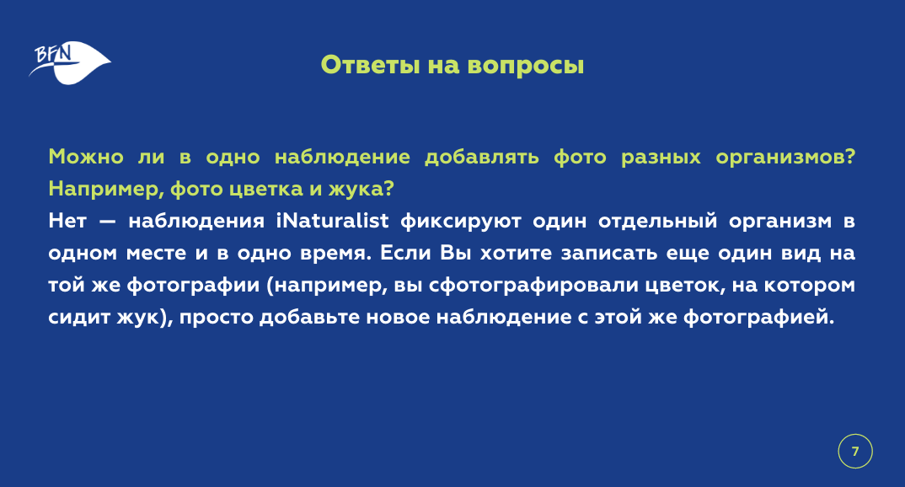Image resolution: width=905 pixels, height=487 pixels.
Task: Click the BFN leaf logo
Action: coord(69,62)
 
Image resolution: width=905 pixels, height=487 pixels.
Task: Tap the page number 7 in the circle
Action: coord(855,452)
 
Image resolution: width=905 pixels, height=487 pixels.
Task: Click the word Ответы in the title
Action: coord(370,65)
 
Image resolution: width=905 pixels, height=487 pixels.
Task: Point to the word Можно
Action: coord(86,157)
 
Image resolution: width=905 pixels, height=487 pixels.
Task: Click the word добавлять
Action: coord(482,158)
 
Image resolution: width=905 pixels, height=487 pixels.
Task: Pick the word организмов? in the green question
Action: coord(785,158)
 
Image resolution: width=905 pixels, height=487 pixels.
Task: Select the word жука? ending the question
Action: coord(361,190)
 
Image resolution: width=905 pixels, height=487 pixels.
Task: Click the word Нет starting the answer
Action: coord(67,221)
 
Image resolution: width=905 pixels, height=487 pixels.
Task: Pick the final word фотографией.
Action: coord(759,318)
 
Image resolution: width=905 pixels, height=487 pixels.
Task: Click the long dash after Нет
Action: coord(107,222)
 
